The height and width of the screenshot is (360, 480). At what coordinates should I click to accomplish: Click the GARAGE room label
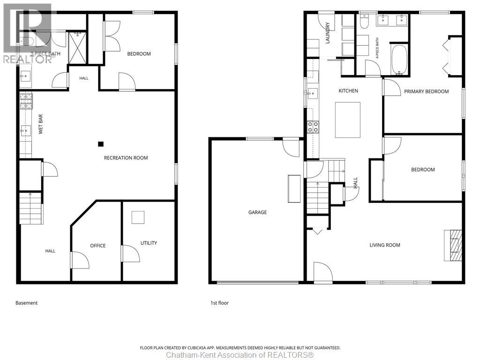point(257,212)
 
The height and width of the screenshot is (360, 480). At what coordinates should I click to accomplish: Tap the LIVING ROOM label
point(385,245)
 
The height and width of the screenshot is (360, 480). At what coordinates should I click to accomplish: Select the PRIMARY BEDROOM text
point(427,91)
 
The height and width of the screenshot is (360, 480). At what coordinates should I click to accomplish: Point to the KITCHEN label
point(348,90)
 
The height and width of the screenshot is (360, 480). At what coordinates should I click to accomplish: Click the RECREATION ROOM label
point(126,158)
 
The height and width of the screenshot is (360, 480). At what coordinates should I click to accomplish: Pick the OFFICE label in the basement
point(97,246)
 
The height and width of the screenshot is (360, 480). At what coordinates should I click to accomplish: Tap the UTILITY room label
point(149,243)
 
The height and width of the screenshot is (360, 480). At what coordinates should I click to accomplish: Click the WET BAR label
point(41,124)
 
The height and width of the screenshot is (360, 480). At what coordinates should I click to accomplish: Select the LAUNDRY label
point(328,33)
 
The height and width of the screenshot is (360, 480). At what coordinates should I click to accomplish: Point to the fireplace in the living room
point(453,245)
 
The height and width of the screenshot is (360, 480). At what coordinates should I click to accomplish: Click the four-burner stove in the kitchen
point(313,127)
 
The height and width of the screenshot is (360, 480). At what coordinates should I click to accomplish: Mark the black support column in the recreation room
point(101,144)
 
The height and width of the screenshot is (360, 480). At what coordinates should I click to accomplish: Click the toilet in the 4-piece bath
point(364,21)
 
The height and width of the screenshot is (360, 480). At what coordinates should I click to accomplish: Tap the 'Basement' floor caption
point(27,303)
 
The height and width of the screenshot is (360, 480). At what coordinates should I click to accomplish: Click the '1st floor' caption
point(219,303)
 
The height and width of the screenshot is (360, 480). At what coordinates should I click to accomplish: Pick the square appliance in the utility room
point(138,217)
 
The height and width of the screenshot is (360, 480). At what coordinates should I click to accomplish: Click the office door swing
point(80,260)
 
